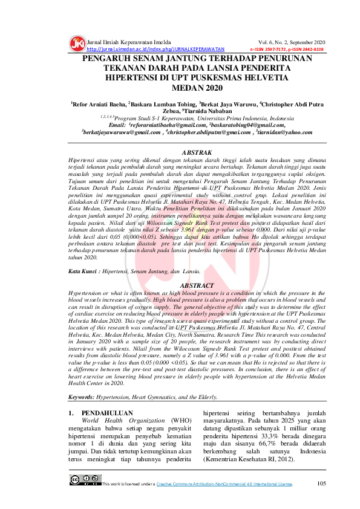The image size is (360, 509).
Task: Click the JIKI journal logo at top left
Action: point(77,44)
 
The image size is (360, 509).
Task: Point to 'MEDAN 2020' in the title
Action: point(180,88)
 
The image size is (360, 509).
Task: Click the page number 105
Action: point(321,483)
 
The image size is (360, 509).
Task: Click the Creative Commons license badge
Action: point(85,481)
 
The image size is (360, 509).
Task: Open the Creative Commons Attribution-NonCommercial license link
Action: point(224,484)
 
